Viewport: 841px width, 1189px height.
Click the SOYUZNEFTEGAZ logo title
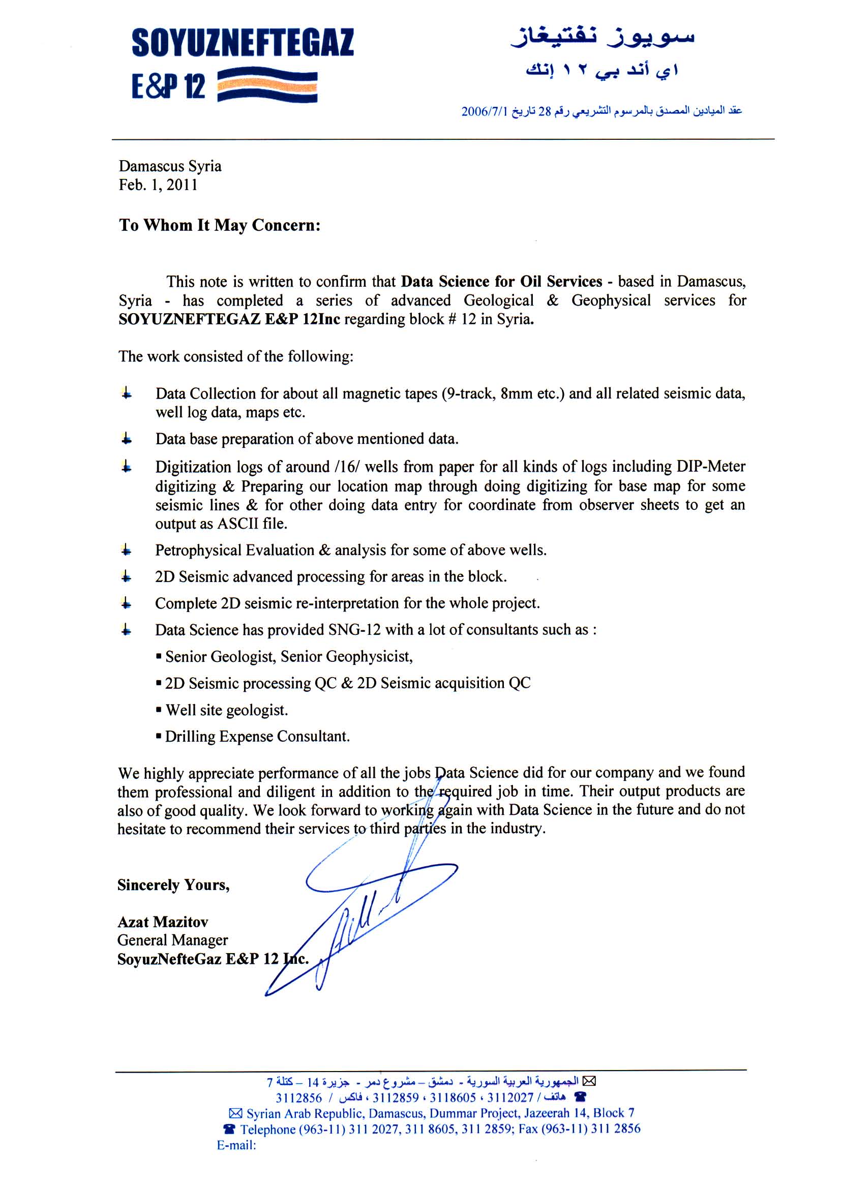tap(243, 43)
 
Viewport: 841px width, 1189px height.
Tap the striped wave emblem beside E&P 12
tap(267, 85)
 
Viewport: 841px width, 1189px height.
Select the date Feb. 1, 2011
tap(158, 185)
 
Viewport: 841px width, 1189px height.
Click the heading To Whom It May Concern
tap(220, 225)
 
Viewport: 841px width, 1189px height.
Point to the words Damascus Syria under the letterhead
tap(170, 166)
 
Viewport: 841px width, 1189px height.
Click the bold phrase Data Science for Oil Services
tap(501, 281)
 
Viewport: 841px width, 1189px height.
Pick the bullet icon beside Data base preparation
tap(127, 440)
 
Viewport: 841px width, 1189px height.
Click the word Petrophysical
tap(198, 550)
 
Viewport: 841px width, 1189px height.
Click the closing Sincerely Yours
tap(173, 885)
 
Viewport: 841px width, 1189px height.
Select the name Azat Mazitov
tap(163, 922)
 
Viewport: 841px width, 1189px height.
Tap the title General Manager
tap(172, 940)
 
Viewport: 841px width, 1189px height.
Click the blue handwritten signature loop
tap(381, 877)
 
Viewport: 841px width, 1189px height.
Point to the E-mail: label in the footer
tap(236, 1145)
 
